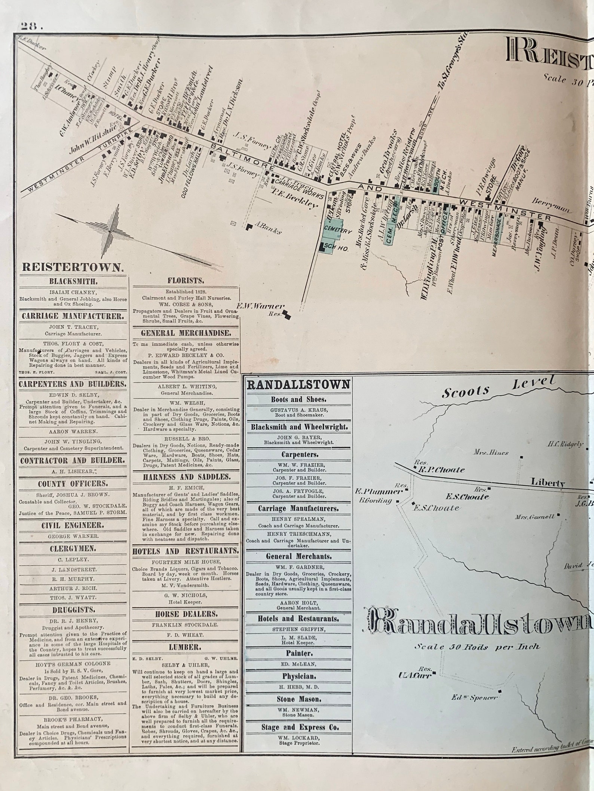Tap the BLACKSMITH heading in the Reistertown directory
point(73,281)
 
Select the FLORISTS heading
point(186,281)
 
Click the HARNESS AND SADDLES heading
point(186,477)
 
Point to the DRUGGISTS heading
point(73,610)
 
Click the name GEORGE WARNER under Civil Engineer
point(73,536)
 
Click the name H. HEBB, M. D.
point(298,687)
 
